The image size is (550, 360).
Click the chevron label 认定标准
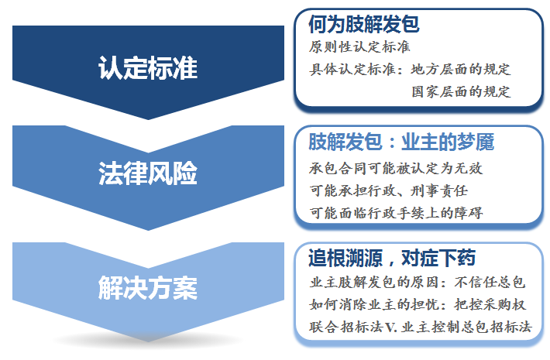[148, 67]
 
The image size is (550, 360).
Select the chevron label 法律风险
[148, 173]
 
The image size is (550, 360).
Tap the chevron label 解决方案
[148, 287]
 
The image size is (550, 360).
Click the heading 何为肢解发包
[364, 24]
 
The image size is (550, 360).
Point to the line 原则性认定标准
[359, 47]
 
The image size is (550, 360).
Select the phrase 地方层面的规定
[461, 70]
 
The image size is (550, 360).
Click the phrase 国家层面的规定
[461, 92]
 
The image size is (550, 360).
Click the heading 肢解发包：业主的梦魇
[401, 142]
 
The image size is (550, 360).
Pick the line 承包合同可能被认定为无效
[396, 169]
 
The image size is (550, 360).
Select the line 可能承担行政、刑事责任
[389, 191]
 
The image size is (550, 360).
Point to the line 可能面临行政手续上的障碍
[396, 213]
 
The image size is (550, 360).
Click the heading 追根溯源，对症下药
[392, 258]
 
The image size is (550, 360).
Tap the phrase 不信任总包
[490, 283]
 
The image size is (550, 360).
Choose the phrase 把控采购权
[490, 304]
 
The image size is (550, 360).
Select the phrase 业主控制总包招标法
[466, 327]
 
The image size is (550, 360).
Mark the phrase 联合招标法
[345, 327]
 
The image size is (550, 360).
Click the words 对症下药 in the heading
[438, 258]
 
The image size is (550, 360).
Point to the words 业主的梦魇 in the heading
[448, 142]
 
